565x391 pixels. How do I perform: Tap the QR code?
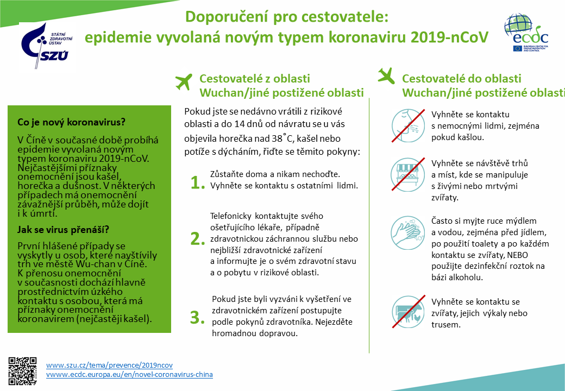point(23,370)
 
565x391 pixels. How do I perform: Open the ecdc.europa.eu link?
point(129,375)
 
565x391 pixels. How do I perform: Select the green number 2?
point(196,238)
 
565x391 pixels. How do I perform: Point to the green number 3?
point(196,317)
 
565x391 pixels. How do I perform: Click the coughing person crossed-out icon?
point(407,125)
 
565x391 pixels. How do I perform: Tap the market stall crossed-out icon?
point(407,174)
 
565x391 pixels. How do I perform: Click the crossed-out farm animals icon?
point(407,312)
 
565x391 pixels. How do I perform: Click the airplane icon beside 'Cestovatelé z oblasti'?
point(184,83)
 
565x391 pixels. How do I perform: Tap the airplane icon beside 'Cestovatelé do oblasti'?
point(386,75)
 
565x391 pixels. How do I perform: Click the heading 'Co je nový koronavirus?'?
point(71,121)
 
